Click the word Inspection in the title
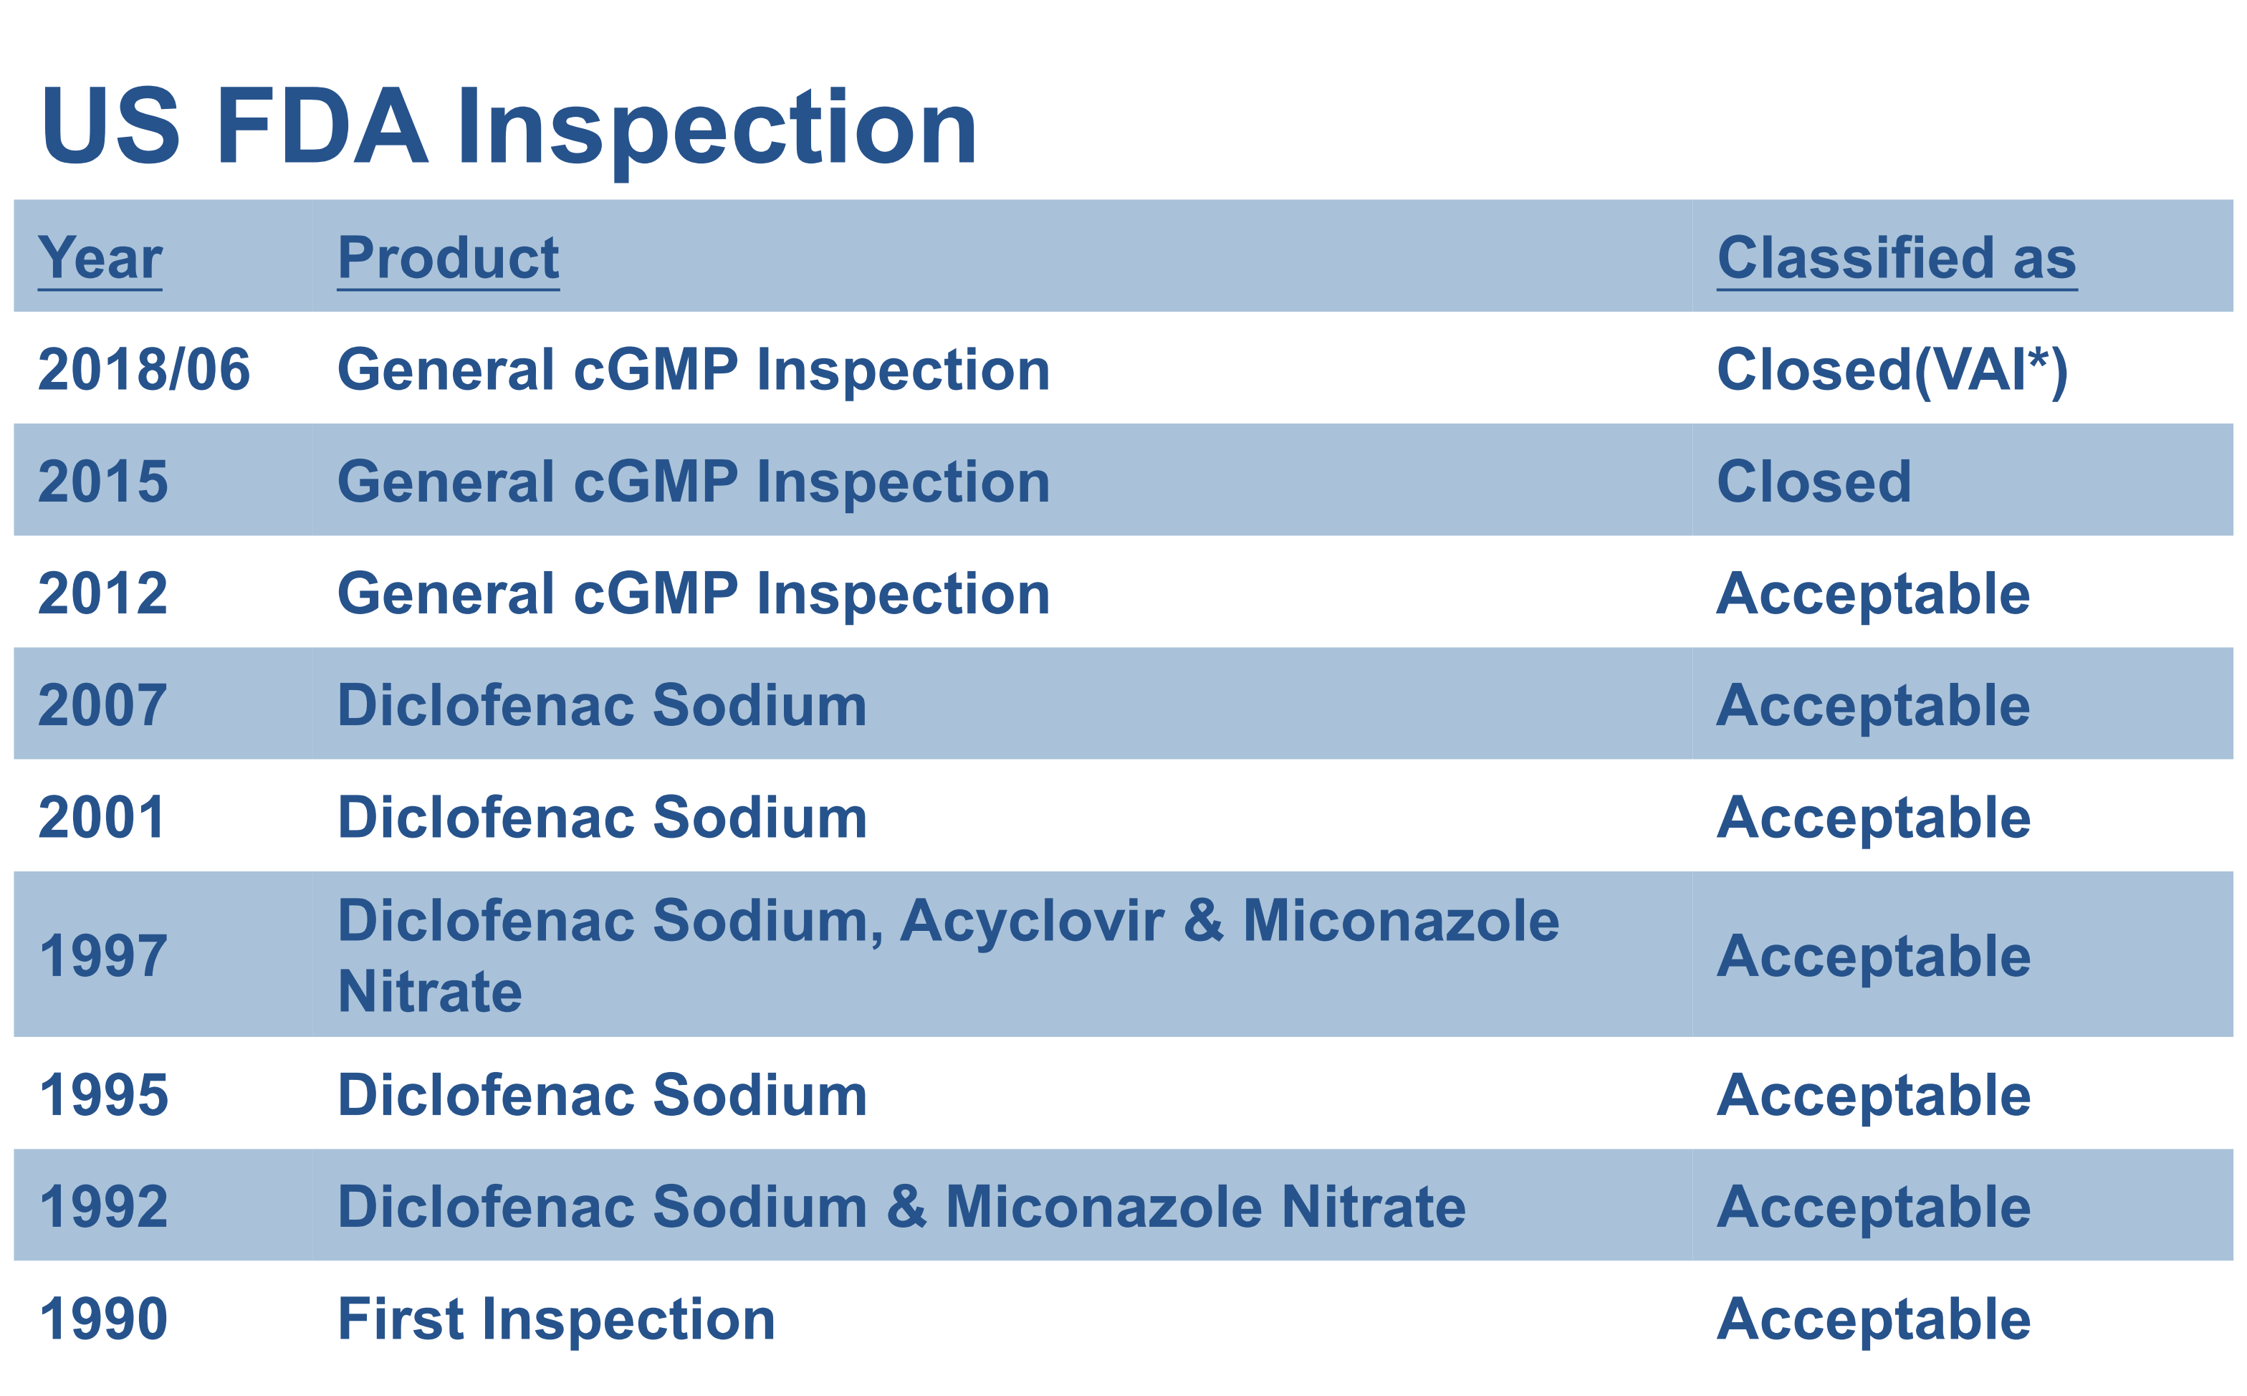[x=717, y=129]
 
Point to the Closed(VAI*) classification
[x=1892, y=371]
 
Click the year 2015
[x=103, y=482]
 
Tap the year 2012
[x=103, y=593]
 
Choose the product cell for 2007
[x=603, y=705]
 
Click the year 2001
[x=102, y=818]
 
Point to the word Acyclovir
[x=1032, y=922]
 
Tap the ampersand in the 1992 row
[x=906, y=1207]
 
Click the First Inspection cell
[x=557, y=1319]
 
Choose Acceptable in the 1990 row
[x=1874, y=1320]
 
